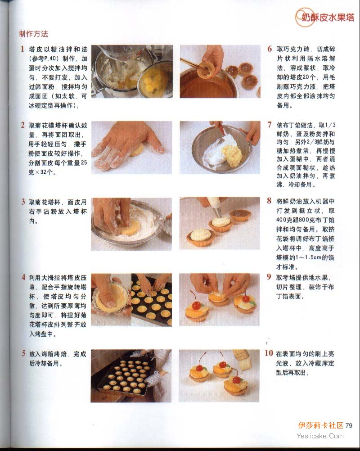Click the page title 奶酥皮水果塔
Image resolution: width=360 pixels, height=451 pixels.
click(x=328, y=18)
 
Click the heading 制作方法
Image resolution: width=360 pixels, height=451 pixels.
click(x=34, y=34)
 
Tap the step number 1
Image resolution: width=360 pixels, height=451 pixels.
click(x=22, y=49)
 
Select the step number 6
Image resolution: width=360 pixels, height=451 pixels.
click(x=270, y=49)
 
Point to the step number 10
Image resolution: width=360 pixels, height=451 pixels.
click(x=269, y=353)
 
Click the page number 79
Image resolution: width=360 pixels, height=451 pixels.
click(x=348, y=426)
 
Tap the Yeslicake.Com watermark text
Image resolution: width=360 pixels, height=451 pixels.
click(x=320, y=436)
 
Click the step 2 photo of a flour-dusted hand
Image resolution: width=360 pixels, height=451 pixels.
click(x=132, y=148)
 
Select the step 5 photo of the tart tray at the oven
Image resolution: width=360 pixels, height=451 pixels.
click(x=131, y=376)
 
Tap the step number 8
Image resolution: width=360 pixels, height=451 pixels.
click(x=269, y=201)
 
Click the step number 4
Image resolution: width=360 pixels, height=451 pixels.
click(x=23, y=277)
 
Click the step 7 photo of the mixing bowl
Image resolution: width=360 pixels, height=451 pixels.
click(x=220, y=148)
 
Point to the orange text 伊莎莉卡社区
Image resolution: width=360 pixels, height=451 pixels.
click(x=320, y=425)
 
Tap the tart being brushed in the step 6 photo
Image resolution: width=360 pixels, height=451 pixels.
click(x=206, y=69)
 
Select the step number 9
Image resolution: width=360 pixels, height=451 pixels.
click(x=269, y=277)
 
